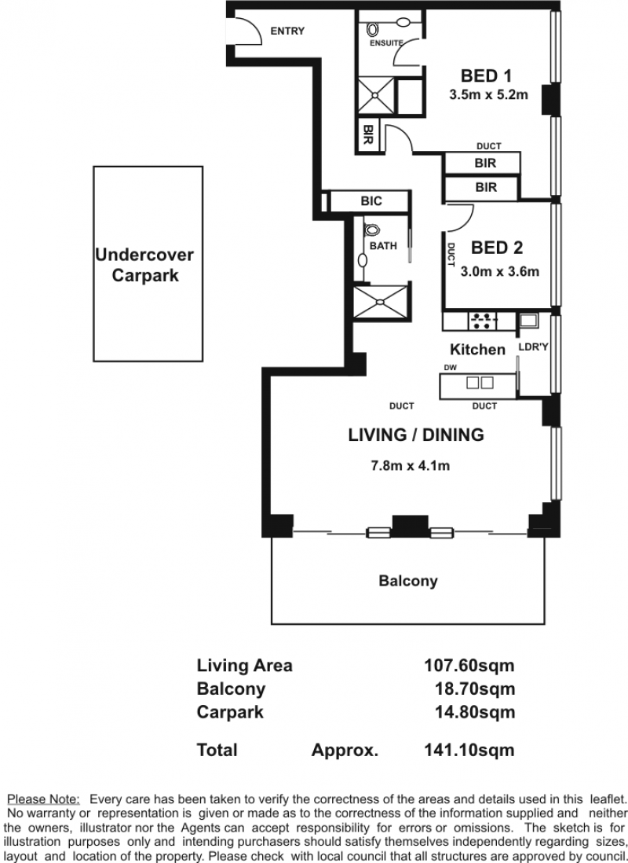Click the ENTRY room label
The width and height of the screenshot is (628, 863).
click(287, 31)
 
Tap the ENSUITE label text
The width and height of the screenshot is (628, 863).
click(386, 43)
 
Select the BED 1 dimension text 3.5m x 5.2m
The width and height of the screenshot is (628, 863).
click(488, 94)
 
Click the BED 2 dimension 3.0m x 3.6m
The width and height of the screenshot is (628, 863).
click(500, 271)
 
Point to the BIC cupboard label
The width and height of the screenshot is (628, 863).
click(371, 201)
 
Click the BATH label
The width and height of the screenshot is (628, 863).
click(383, 246)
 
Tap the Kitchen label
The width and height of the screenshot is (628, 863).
click(477, 350)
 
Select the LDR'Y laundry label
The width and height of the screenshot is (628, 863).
click(534, 347)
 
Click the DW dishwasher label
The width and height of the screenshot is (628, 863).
click(451, 368)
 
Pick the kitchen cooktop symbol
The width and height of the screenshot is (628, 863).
click(482, 321)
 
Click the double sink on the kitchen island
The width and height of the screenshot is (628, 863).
click(480, 383)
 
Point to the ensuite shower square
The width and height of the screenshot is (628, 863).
click(375, 96)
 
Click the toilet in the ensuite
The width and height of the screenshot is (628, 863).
click(372, 28)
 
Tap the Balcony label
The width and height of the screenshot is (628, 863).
click(408, 581)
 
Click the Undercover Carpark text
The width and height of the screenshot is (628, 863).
click(144, 265)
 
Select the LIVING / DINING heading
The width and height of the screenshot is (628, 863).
click(416, 435)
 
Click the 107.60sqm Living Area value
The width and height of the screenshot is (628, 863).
click(469, 666)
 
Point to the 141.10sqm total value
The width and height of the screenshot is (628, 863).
click(469, 750)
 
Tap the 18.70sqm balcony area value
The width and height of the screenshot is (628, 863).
click(475, 689)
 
